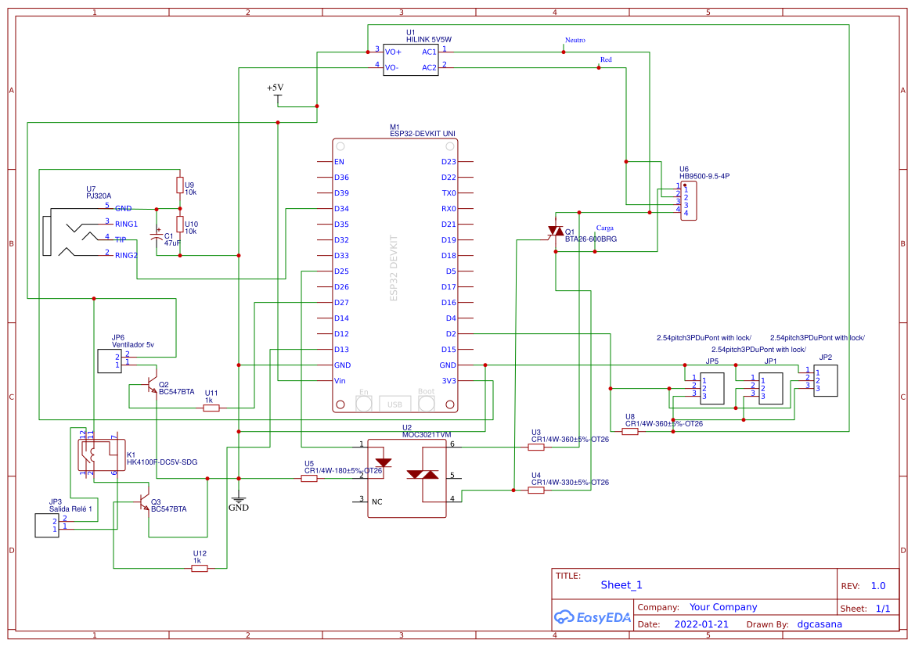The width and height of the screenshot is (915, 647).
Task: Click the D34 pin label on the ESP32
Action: tap(341, 209)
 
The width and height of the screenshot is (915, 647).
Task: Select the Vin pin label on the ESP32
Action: tap(340, 381)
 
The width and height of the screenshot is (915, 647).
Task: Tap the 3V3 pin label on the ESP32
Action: tap(448, 381)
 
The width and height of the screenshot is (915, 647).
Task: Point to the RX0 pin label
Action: tap(448, 209)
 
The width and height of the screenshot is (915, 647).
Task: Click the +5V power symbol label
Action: tap(275, 88)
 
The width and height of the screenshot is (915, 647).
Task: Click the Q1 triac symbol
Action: tap(555, 232)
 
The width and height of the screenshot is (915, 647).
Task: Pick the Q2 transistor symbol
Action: tap(150, 386)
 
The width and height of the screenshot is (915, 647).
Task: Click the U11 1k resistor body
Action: tap(211, 408)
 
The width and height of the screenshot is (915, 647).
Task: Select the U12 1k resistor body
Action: tap(200, 569)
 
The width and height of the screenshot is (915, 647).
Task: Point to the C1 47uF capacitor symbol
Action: tap(157, 236)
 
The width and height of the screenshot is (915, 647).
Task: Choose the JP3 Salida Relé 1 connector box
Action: tap(46, 526)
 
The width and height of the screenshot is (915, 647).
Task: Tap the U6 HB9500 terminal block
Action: tap(688, 201)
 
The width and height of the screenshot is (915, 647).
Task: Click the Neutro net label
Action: tap(575, 40)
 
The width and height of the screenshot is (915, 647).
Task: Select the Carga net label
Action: tap(604, 228)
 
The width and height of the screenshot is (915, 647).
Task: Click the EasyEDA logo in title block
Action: tap(592, 617)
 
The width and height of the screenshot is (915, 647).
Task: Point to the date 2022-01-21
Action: tap(701, 624)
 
